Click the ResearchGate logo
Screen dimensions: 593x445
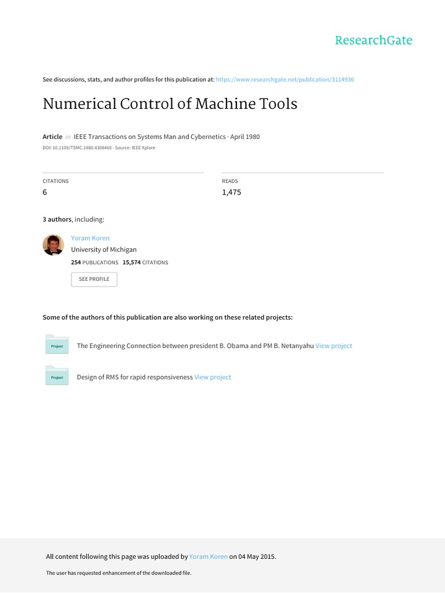[x=374, y=41]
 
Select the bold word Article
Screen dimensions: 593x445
[x=52, y=137]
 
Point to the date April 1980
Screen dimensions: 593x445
[x=245, y=137]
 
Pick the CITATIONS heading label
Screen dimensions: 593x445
[x=56, y=181]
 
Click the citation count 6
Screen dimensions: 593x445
[x=45, y=192]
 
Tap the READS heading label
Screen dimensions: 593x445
[x=230, y=181]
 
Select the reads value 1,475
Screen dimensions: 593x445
[x=231, y=192]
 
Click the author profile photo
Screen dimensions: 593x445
[x=53, y=245]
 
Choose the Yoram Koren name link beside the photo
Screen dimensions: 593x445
[x=90, y=238]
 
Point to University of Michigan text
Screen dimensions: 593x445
[x=104, y=250]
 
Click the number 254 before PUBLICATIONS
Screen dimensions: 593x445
[x=76, y=262]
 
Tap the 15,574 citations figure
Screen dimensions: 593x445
[x=132, y=262]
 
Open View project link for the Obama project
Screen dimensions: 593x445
[x=334, y=346]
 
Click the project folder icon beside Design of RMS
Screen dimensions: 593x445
[x=57, y=376]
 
